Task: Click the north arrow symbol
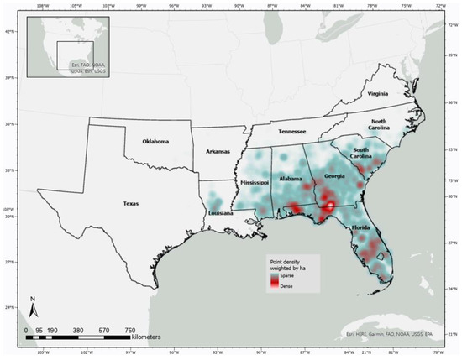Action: click(32, 306)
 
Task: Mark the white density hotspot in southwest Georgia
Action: click(329, 205)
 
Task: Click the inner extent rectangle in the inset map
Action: click(74, 55)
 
